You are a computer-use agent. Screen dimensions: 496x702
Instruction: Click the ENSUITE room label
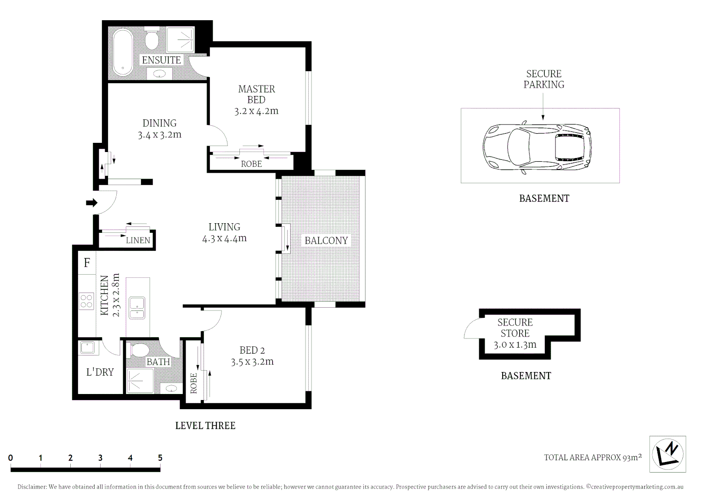(x=161, y=60)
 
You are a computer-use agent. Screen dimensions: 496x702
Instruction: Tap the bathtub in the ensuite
(x=123, y=52)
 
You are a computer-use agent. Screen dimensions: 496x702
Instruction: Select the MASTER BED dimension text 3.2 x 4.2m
(x=256, y=111)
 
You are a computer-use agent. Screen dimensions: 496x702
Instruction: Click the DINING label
(x=159, y=123)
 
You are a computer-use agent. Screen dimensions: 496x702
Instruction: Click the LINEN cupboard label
(x=138, y=240)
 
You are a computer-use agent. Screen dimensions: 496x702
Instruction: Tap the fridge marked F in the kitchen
(x=87, y=263)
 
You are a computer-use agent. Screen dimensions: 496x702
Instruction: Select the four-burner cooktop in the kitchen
(x=86, y=301)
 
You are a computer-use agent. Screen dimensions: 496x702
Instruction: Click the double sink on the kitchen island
(x=137, y=308)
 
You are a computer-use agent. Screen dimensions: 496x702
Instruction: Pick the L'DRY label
(x=100, y=372)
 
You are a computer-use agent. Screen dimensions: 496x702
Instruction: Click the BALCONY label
(x=326, y=241)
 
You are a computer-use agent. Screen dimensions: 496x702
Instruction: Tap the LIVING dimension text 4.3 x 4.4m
(x=224, y=239)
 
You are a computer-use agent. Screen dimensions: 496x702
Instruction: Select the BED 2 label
(x=252, y=350)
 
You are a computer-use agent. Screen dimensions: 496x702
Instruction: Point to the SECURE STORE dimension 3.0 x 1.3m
(x=515, y=345)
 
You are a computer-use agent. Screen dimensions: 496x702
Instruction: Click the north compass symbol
(x=668, y=454)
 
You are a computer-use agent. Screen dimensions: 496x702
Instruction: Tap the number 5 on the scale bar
(x=160, y=458)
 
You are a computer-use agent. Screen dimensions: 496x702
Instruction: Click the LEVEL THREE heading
(x=205, y=426)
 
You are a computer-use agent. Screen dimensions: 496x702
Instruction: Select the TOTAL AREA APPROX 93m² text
(x=593, y=457)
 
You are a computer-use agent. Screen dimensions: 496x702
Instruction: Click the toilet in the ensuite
(x=152, y=39)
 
